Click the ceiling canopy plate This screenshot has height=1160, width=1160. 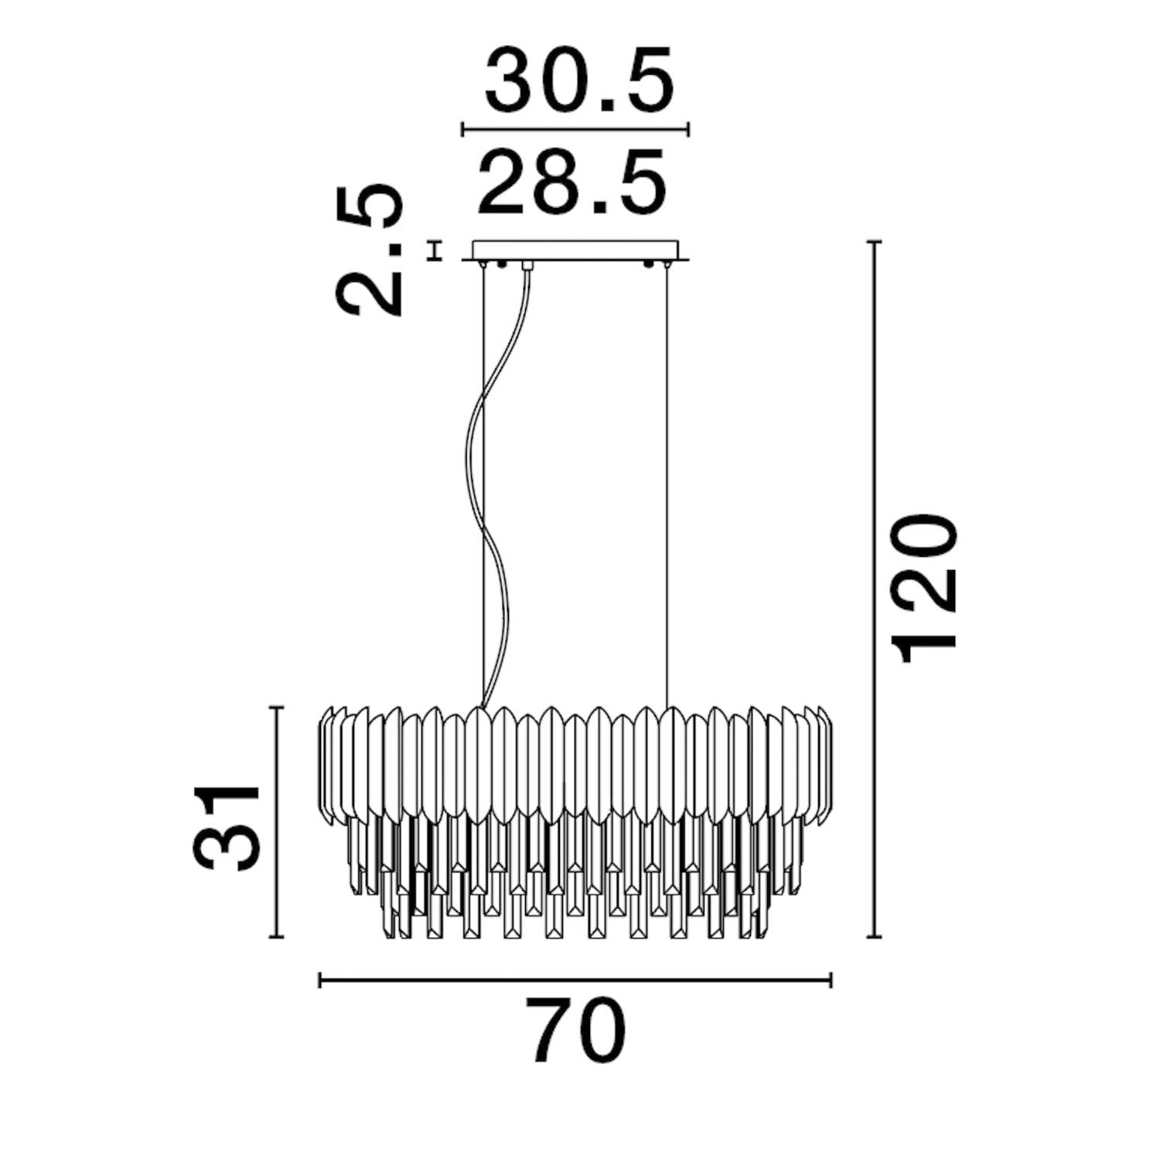coord(575,251)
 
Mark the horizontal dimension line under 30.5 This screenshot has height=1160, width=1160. coord(575,128)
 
